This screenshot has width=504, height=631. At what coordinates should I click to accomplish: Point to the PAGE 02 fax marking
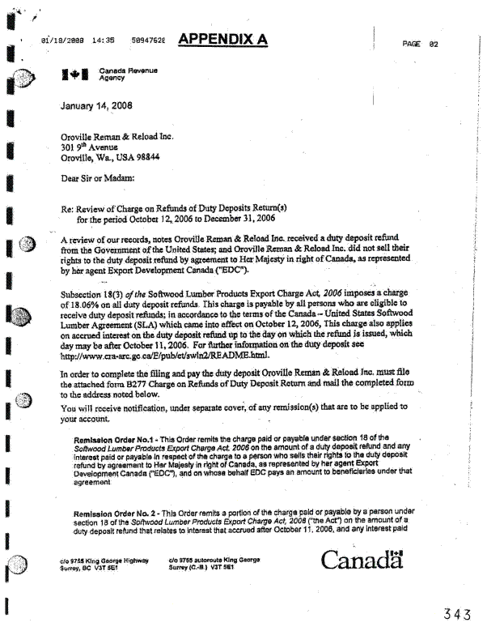420,44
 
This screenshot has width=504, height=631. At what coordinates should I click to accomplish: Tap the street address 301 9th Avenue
90,147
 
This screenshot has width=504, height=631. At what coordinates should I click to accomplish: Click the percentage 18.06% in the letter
79,302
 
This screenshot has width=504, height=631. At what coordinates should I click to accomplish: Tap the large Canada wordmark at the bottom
362,560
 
